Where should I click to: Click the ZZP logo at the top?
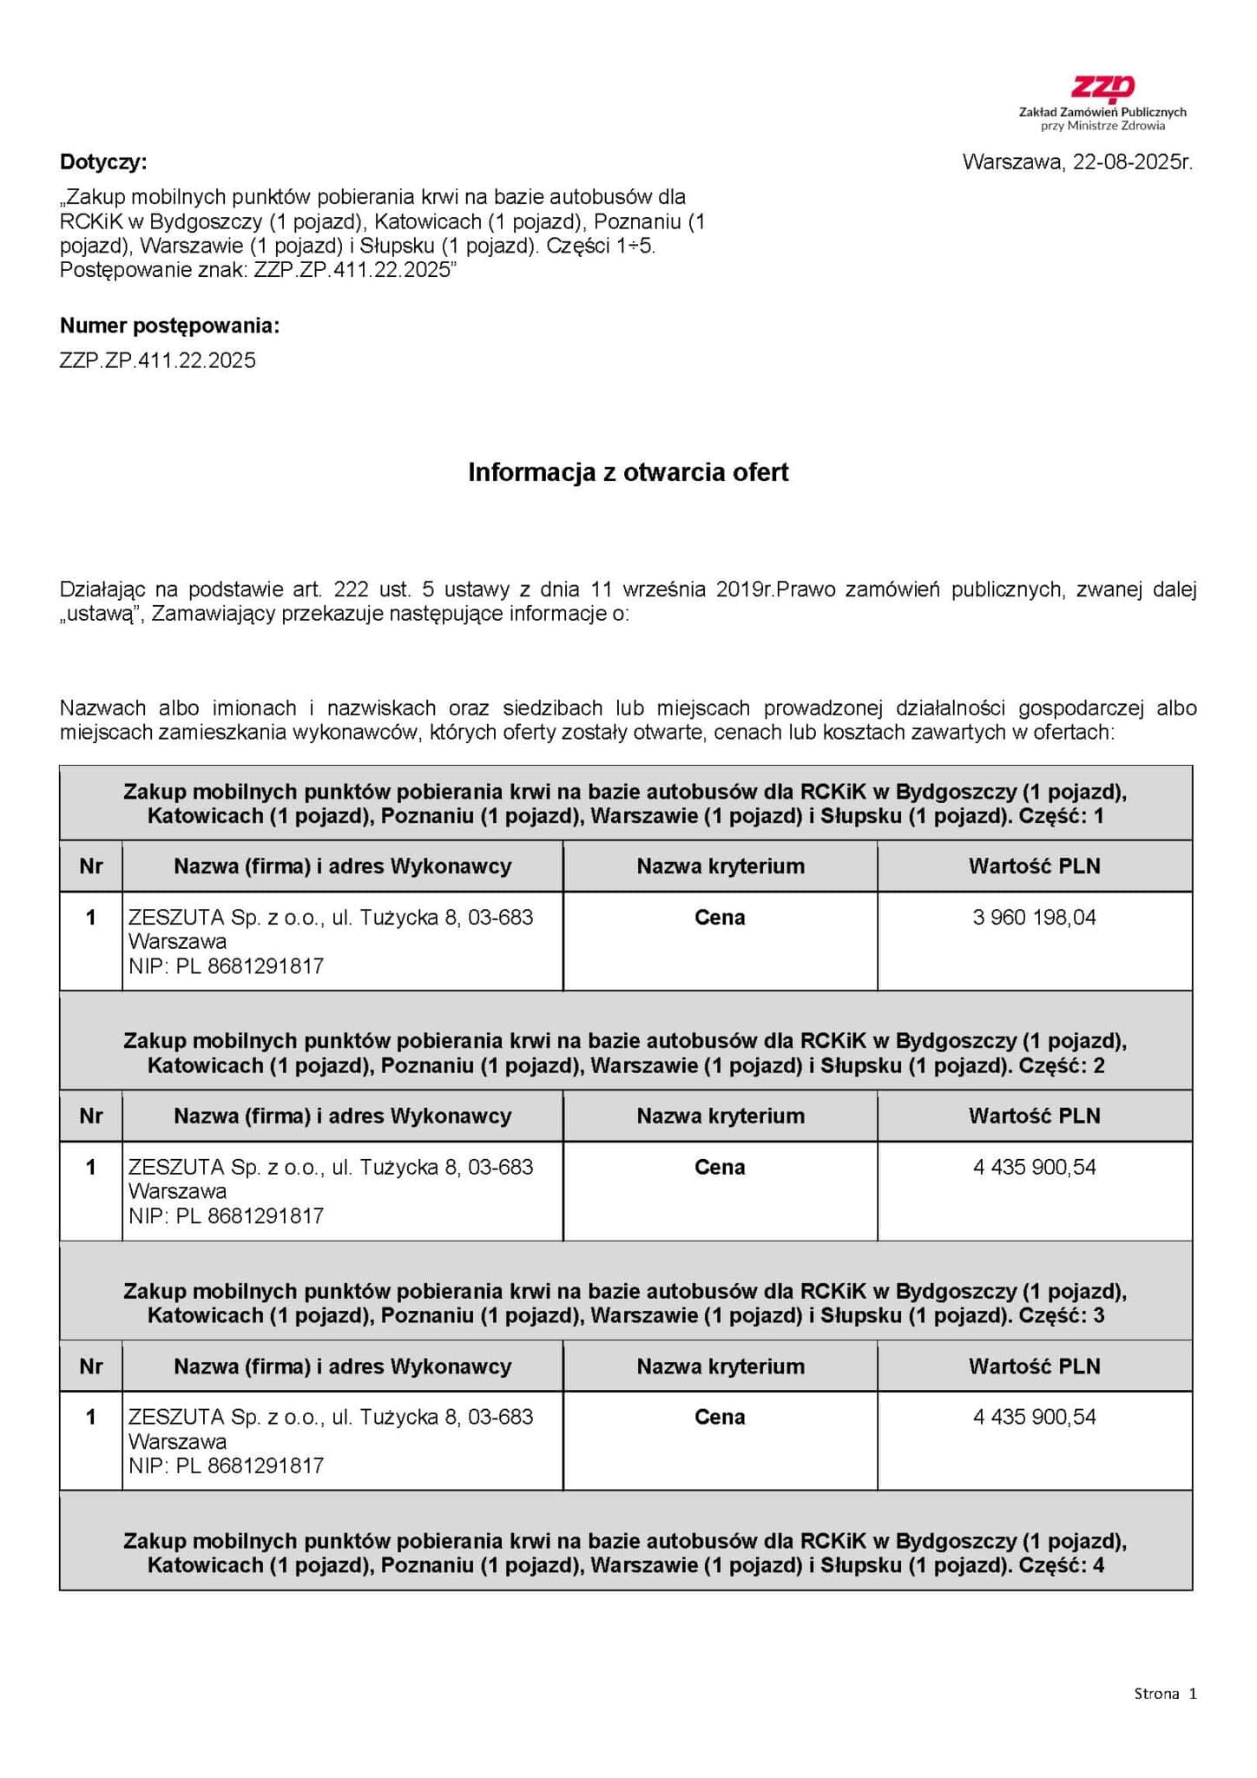pyautogui.click(x=1102, y=89)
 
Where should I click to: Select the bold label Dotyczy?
pyautogui.click(x=103, y=162)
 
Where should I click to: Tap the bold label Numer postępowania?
pyautogui.click(x=169, y=326)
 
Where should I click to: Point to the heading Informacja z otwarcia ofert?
pyautogui.click(x=628, y=472)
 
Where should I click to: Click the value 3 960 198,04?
pyautogui.click(x=1034, y=918)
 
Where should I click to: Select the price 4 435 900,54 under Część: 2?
pyautogui.click(x=1034, y=1168)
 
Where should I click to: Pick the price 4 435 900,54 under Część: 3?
pyautogui.click(x=1034, y=1418)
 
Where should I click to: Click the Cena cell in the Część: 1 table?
pyautogui.click(x=720, y=918)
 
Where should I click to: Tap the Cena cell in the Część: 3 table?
pyautogui.click(x=720, y=1418)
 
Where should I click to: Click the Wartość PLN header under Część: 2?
pyautogui.click(x=1034, y=1116)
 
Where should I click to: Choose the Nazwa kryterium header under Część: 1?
pyautogui.click(x=720, y=866)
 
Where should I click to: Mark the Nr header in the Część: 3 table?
pyautogui.click(x=91, y=1366)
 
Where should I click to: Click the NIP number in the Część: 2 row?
pyautogui.click(x=266, y=1216)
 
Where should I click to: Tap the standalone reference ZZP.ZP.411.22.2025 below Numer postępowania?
pyautogui.click(x=158, y=361)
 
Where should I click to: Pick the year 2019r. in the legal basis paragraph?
pyautogui.click(x=743, y=590)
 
